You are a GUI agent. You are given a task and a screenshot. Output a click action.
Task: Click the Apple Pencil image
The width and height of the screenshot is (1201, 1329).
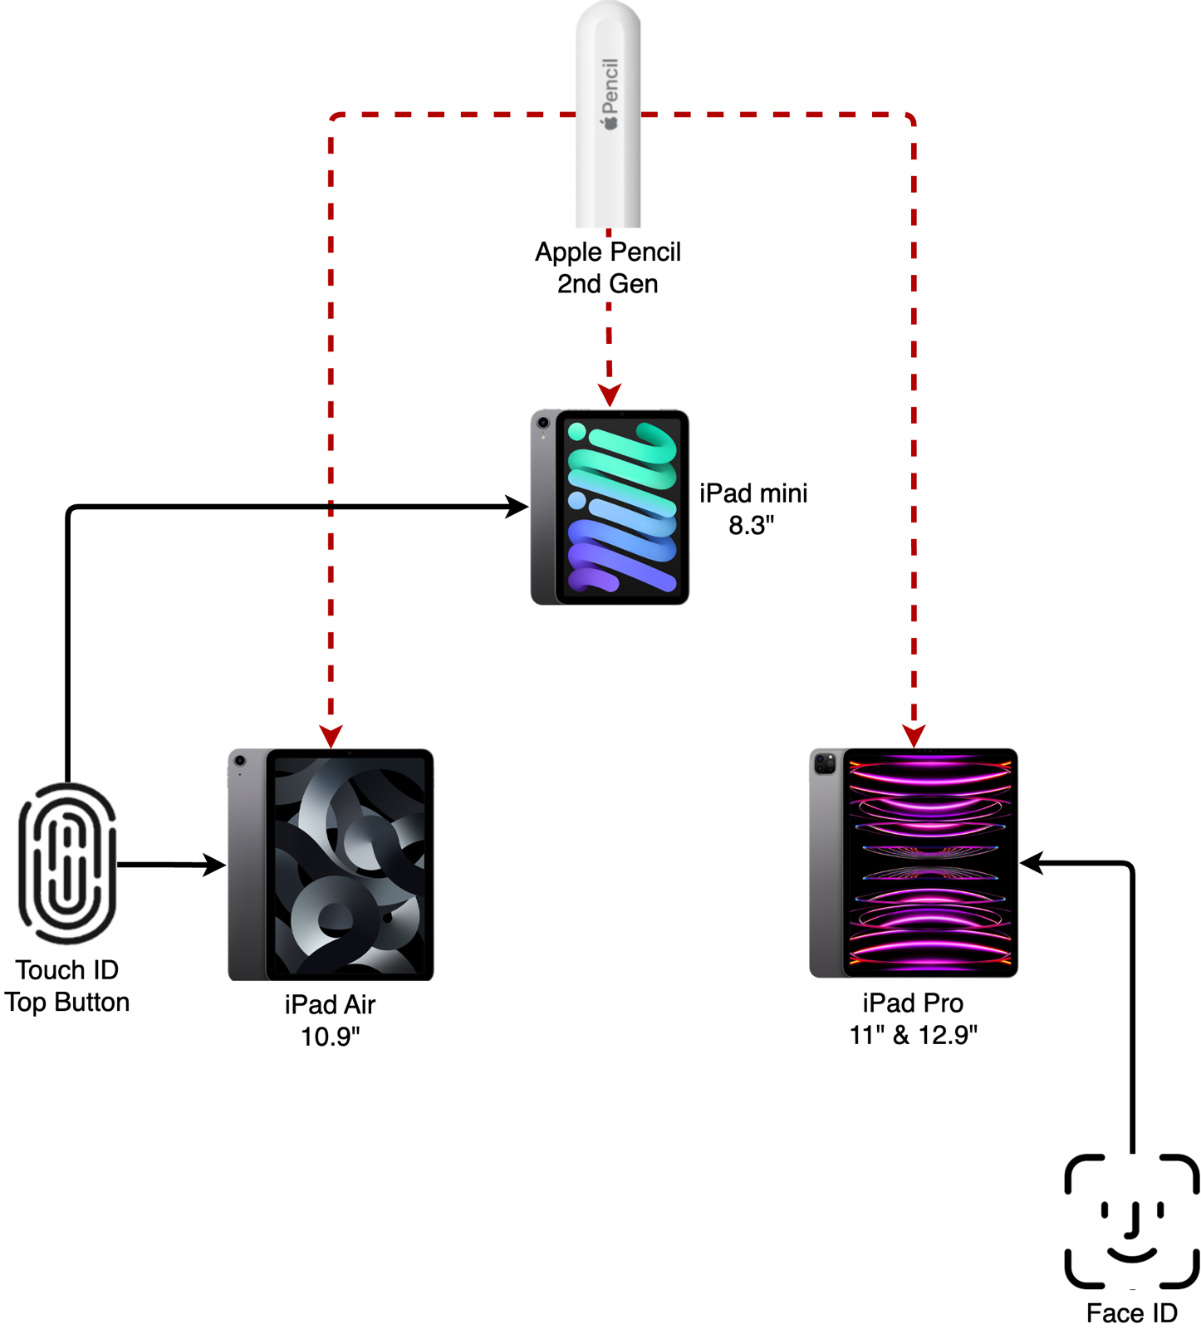tap(608, 116)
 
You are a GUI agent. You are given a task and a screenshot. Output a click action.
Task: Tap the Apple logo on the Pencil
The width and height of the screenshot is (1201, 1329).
tap(611, 122)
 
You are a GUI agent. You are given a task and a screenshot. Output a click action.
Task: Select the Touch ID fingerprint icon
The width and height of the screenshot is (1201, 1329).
tap(67, 863)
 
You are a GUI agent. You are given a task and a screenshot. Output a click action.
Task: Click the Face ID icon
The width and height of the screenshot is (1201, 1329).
tap(1132, 1220)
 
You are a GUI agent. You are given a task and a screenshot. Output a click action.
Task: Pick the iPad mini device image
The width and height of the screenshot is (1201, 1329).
tap(610, 507)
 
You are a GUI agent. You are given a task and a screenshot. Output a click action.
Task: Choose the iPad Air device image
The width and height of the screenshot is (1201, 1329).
tap(331, 865)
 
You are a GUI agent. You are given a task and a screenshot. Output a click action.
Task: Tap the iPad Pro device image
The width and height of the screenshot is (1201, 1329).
tap(914, 863)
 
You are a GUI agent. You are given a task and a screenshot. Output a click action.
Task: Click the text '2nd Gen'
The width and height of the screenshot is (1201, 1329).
tap(607, 284)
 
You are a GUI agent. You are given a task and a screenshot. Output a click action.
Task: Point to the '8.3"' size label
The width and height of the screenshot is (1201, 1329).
tap(752, 526)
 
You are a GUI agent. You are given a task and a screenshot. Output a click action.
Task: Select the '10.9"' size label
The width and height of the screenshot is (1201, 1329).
tap(330, 1037)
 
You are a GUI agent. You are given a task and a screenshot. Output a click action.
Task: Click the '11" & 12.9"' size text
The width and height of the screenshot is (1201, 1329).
tap(913, 1035)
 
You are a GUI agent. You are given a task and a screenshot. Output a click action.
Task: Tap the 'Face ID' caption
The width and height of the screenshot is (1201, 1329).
tap(1131, 1313)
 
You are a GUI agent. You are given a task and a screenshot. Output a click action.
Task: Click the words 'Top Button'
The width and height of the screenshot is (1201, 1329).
tap(67, 1003)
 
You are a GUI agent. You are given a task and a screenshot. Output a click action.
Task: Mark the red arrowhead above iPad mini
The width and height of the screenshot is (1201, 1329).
tap(610, 395)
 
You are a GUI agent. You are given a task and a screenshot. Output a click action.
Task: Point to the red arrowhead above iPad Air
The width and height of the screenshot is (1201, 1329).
tap(331, 736)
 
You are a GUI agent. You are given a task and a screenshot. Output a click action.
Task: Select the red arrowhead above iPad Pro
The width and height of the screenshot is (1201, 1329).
tap(914, 736)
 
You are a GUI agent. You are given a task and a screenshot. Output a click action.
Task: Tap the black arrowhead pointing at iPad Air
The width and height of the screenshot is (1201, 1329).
tap(214, 866)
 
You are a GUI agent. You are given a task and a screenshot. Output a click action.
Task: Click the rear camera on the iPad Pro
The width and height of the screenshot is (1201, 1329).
tap(825, 763)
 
